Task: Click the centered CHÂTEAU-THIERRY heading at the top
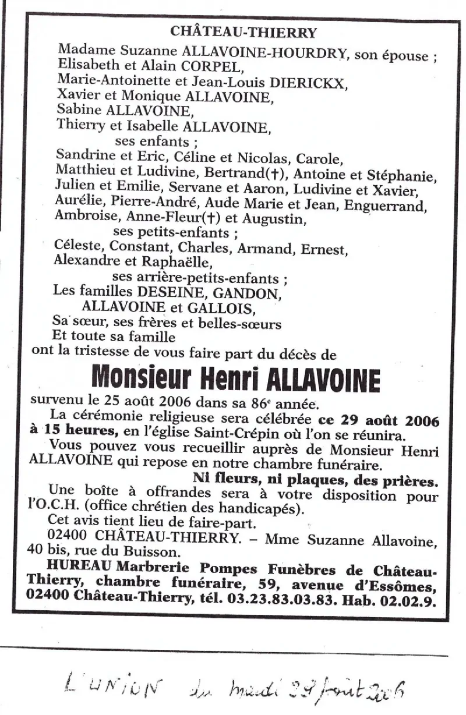click(x=244, y=33)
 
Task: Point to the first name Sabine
click(x=78, y=111)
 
